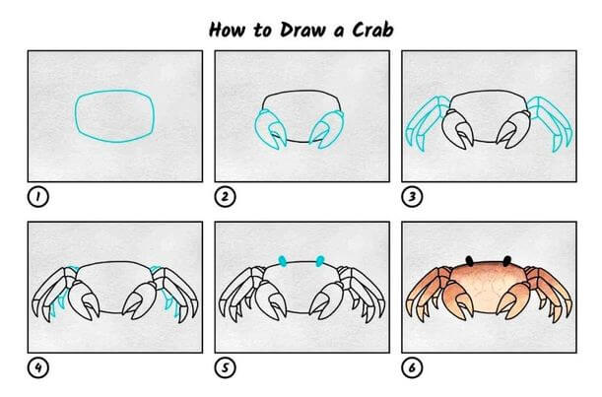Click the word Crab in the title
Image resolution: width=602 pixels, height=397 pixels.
pyautogui.click(x=372, y=30)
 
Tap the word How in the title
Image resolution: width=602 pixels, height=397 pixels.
pyautogui.click(x=227, y=30)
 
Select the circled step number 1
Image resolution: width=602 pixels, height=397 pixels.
pyautogui.click(x=38, y=197)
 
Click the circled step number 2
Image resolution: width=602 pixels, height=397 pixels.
pyautogui.click(x=225, y=197)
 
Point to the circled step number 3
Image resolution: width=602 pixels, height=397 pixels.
pyautogui.click(x=412, y=197)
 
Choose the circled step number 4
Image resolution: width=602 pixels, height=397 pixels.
pyautogui.click(x=38, y=367)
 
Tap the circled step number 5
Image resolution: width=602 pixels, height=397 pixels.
pyautogui.click(x=225, y=367)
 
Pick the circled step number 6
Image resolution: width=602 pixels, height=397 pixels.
pyautogui.click(x=412, y=367)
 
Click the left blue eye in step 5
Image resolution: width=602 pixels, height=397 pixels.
pyautogui.click(x=283, y=261)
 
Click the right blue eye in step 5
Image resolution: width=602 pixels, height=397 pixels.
pyautogui.click(x=320, y=261)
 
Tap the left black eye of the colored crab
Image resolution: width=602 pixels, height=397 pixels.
pyautogui.click(x=469, y=261)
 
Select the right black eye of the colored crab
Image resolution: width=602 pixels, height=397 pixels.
pyautogui.click(x=507, y=261)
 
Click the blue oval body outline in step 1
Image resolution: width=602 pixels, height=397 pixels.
pyautogui.click(x=77, y=115)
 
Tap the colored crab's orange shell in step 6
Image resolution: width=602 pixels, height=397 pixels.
pyautogui.click(x=488, y=284)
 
